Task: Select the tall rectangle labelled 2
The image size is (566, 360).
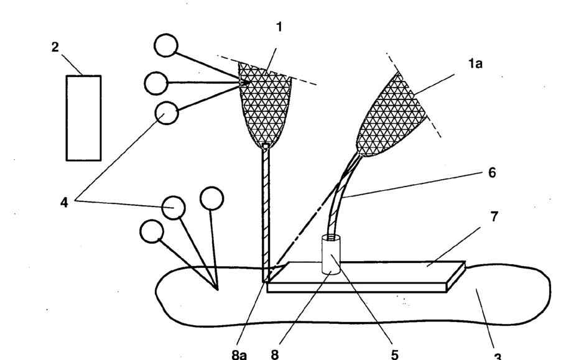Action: click(83, 118)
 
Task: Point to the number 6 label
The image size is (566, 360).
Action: click(492, 173)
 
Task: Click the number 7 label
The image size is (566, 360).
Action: click(493, 218)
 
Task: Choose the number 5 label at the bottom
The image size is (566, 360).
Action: click(394, 354)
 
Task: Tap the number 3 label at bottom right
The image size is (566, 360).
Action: click(497, 356)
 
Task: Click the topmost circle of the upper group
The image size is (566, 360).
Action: click(167, 45)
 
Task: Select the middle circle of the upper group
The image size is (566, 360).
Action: click(155, 83)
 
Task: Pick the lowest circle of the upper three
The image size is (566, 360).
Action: click(167, 113)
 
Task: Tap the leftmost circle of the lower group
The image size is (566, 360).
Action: click(152, 231)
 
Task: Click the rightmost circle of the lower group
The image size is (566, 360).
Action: click(211, 198)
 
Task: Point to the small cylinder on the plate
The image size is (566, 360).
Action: click(332, 256)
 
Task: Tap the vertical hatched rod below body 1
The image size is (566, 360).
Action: click(266, 211)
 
